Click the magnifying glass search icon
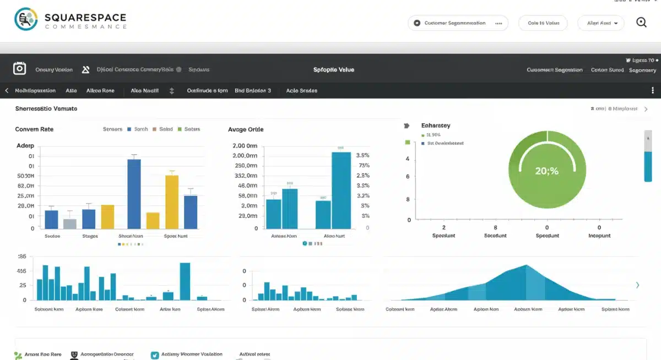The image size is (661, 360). point(641,23)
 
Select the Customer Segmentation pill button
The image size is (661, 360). point(458,23)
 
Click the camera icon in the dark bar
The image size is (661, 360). point(19,69)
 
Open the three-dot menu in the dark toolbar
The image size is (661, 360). point(653,90)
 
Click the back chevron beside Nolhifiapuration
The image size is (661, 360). point(7,90)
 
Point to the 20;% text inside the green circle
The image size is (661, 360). point(546,171)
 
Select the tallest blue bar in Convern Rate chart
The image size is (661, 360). point(134,193)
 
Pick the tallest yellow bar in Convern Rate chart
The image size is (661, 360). point(172,201)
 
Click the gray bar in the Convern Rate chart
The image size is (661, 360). point(70,223)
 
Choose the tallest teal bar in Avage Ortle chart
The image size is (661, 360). point(342,190)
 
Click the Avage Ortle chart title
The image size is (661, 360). point(246,129)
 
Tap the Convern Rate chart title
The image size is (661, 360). point(34,129)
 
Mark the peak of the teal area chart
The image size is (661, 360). point(527,266)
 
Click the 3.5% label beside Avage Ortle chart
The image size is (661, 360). point(363,155)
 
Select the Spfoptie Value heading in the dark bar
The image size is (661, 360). point(333,70)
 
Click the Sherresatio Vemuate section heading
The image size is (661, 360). point(46,109)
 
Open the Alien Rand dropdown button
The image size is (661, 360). point(600,23)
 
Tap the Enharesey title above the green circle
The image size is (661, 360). point(436,126)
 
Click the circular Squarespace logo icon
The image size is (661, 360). point(26,19)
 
